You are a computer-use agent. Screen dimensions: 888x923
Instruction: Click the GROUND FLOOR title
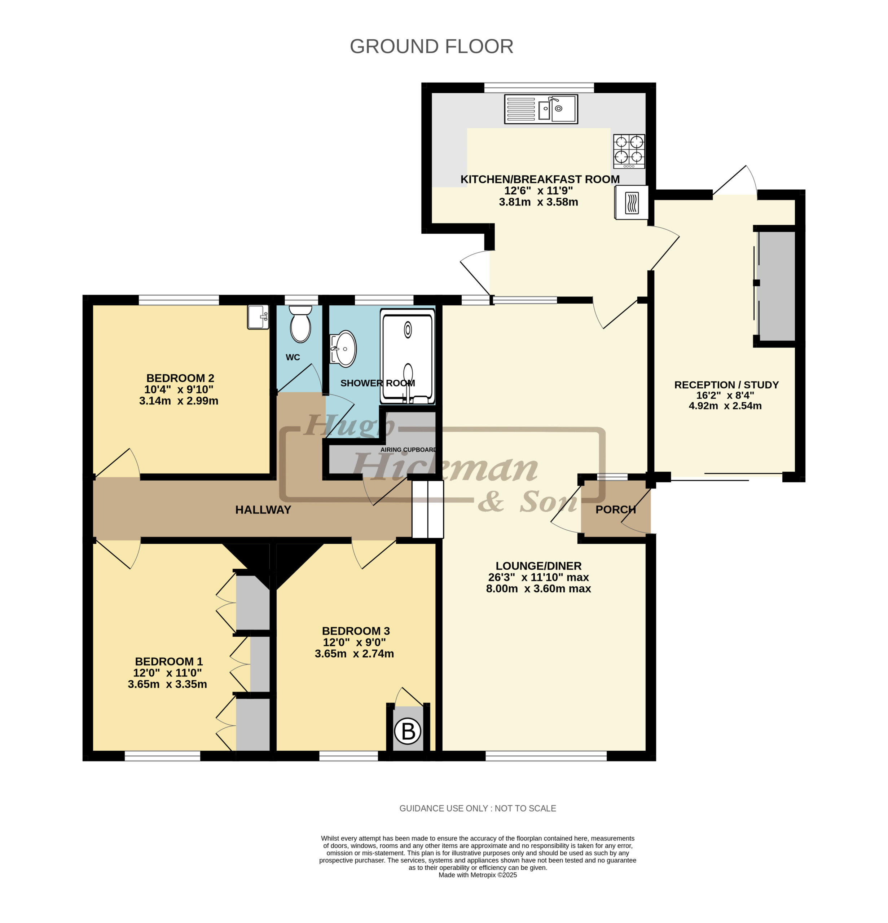431,46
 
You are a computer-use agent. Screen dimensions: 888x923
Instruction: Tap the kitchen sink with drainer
541,109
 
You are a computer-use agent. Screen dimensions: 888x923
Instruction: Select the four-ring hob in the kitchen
629,151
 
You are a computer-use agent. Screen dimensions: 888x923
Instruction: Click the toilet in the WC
300,323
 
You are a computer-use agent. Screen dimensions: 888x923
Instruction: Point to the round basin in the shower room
343,349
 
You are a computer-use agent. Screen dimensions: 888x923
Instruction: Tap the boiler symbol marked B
408,731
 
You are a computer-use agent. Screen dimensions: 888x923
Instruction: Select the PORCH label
615,509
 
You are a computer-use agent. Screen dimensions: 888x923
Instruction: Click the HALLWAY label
263,509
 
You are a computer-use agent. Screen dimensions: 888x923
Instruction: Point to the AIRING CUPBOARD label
408,450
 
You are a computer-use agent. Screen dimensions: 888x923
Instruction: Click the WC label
293,357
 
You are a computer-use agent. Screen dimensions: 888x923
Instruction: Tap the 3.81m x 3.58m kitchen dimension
538,202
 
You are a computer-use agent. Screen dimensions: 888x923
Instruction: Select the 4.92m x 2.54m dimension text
725,406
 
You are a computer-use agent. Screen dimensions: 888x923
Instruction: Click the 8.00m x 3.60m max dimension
538,589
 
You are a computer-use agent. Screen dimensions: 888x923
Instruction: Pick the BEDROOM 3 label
356,631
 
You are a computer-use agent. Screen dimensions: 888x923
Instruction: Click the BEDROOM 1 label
169,662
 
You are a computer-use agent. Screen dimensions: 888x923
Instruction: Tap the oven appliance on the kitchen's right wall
631,203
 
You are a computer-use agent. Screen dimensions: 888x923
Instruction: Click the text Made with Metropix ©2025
477,875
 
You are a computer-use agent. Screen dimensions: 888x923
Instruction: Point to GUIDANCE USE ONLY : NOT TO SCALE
477,808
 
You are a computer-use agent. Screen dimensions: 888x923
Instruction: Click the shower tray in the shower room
408,357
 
